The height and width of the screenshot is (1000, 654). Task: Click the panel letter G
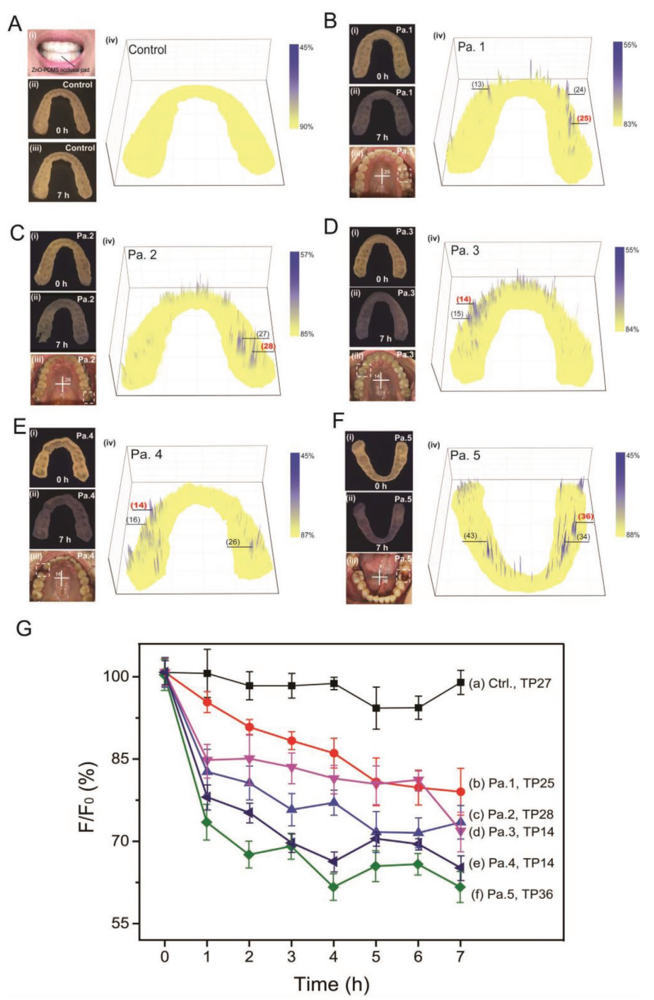(x=23, y=628)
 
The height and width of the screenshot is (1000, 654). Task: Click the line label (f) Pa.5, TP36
(x=512, y=894)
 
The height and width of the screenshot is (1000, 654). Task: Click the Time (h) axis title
(x=332, y=984)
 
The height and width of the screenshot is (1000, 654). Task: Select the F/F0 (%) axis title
(x=87, y=796)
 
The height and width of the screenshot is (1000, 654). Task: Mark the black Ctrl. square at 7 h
(x=461, y=683)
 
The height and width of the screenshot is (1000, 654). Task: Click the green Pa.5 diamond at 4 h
(x=334, y=887)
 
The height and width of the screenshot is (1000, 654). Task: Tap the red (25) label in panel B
(x=583, y=118)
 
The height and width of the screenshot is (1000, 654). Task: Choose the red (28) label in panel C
(x=267, y=346)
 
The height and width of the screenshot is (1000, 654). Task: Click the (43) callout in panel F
(x=470, y=536)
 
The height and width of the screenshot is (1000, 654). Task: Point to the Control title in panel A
(x=147, y=49)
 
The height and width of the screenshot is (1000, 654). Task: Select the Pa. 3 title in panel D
(x=465, y=250)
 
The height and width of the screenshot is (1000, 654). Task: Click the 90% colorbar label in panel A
(x=307, y=127)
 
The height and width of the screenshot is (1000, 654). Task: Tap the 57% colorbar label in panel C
(x=307, y=254)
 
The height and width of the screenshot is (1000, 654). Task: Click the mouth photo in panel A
(x=62, y=52)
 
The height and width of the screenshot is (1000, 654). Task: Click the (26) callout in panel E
(x=233, y=542)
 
